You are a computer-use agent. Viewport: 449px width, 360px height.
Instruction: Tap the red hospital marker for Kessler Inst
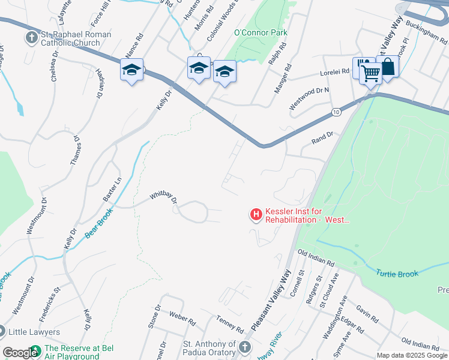[x=256, y=214]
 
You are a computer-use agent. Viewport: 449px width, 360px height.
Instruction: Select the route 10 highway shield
[x=335, y=112]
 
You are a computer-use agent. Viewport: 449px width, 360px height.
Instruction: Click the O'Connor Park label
[x=261, y=32]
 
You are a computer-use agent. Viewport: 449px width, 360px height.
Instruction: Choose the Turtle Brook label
[x=397, y=274]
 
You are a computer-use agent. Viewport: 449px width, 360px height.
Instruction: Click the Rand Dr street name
[x=322, y=139]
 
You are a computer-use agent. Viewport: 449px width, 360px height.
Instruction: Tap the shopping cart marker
[x=372, y=74]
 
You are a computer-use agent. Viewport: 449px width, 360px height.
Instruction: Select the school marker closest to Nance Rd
[x=131, y=70]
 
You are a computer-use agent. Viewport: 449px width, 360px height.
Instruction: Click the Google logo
[x=20, y=353]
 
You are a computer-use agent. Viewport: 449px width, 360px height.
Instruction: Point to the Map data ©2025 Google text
[x=412, y=355]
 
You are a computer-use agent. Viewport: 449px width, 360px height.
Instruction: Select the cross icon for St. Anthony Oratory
[x=245, y=347]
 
